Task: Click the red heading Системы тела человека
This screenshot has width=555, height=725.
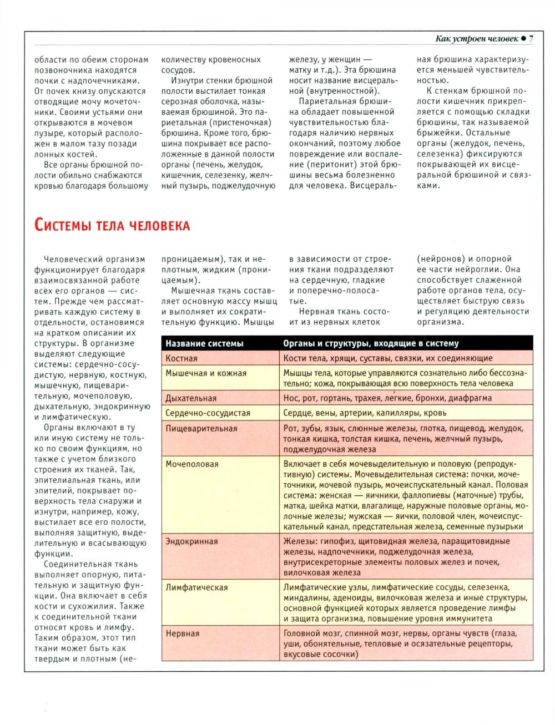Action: click(112, 225)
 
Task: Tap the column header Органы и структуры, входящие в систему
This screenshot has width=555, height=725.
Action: click(371, 343)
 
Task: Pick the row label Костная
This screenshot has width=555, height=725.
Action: click(181, 358)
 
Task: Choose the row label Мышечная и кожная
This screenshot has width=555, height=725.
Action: click(206, 373)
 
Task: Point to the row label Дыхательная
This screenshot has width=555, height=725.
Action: click(191, 398)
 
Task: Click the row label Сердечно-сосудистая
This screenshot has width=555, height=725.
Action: click(208, 413)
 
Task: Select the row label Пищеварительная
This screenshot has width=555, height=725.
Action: click(201, 428)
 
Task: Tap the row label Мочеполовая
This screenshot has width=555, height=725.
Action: click(192, 464)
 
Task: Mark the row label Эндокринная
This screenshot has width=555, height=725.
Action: click(192, 541)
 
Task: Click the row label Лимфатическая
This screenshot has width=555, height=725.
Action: click(196, 587)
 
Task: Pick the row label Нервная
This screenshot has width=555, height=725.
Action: click(183, 633)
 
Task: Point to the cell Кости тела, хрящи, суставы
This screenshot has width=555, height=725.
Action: click(387, 358)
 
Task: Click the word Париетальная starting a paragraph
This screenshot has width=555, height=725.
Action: click(325, 102)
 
